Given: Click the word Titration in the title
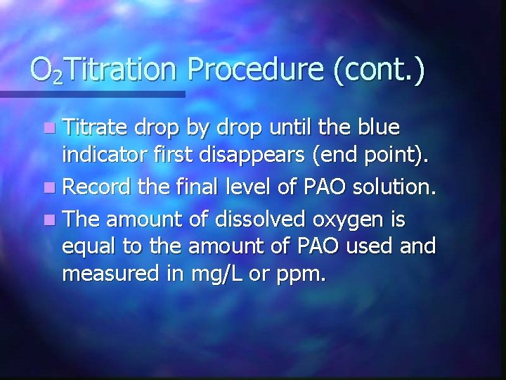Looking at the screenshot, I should tap(124, 70).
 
